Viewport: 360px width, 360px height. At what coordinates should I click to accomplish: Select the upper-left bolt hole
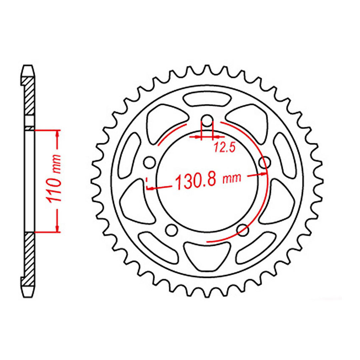[150, 162]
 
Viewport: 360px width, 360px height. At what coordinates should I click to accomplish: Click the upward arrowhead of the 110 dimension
[58, 133]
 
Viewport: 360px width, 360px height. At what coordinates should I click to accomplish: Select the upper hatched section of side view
[29, 97]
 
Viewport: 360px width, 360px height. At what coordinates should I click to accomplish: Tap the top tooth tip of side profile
[29, 66]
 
